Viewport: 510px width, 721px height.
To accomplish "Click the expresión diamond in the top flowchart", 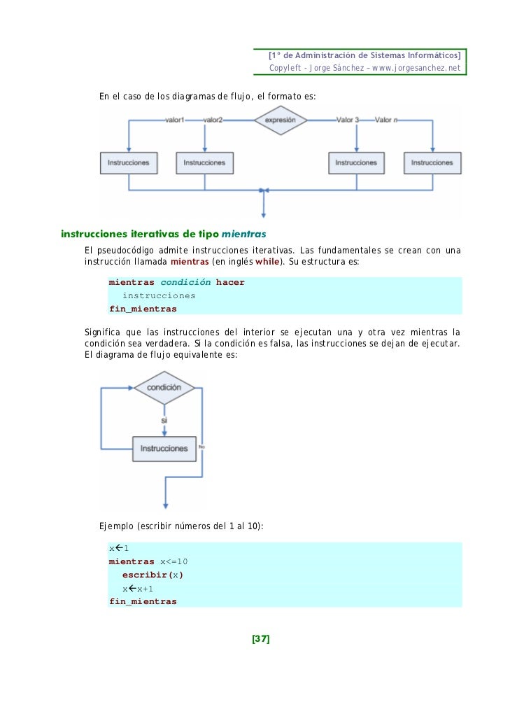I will click(280, 120).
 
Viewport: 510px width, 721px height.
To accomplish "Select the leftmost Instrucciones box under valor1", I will click(128, 162).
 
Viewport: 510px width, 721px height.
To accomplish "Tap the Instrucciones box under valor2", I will click(204, 162).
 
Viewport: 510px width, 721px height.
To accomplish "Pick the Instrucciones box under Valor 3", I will click(356, 162).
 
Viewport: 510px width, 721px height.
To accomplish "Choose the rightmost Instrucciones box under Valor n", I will click(432, 162).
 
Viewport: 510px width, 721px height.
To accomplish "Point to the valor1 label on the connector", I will click(174, 120).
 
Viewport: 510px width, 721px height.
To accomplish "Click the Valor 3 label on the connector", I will click(347, 120).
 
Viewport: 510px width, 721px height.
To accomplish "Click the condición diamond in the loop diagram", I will click(164, 387).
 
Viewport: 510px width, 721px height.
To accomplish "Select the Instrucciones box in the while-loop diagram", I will click(164, 448).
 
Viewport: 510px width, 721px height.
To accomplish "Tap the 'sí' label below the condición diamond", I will click(164, 421).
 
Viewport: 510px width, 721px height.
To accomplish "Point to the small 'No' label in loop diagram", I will click(201, 446).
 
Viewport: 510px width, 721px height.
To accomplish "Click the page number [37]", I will click(261, 638).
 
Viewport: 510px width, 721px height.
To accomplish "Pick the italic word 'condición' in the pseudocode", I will click(185, 282).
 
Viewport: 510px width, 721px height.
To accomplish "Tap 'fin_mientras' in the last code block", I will click(143, 601).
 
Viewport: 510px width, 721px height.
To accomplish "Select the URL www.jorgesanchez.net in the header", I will click(416, 68).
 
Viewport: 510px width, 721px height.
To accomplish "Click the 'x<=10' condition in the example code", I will click(174, 561).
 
